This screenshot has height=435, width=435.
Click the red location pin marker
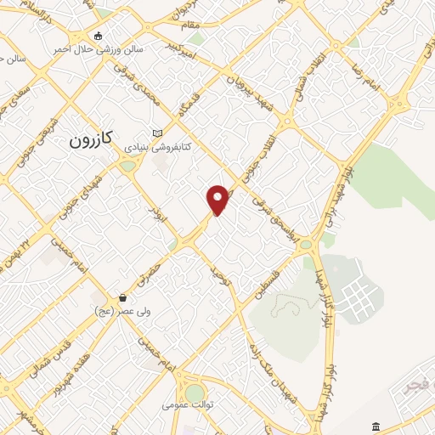tap(218, 199)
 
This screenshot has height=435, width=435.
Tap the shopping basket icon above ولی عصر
tap(124, 298)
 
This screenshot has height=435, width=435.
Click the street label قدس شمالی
tap(46, 359)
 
